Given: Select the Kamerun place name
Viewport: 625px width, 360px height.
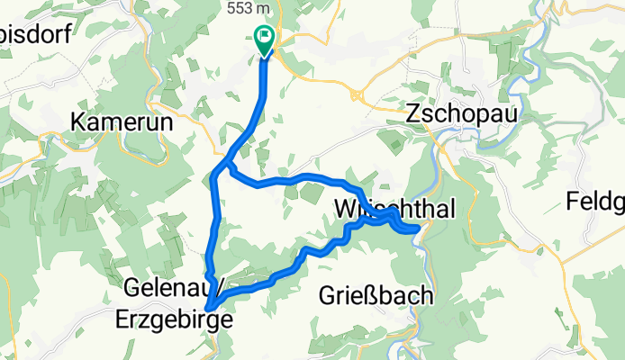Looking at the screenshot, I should [x=120, y=121].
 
